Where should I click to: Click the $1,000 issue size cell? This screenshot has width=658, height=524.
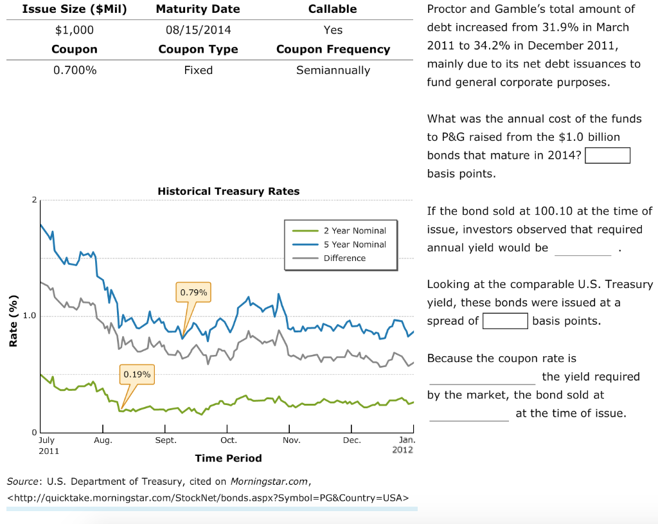pos(74,30)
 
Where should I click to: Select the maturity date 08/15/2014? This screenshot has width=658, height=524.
pos(198,30)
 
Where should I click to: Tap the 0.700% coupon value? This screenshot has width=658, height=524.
pos(74,70)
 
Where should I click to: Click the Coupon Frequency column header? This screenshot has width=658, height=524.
pos(333,50)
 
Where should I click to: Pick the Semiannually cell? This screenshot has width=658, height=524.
pos(333,70)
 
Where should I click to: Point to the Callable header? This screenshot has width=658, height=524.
pos(333,9)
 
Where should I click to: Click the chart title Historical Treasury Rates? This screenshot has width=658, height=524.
pos(228,191)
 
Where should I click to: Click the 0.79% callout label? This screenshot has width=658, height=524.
pos(193,293)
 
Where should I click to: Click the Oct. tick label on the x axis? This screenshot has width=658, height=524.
pos(228,440)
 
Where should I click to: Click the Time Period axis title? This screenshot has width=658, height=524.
pos(228,458)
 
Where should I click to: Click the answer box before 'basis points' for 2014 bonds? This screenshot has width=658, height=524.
pos(607,156)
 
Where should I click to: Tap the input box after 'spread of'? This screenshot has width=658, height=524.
pos(505,321)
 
